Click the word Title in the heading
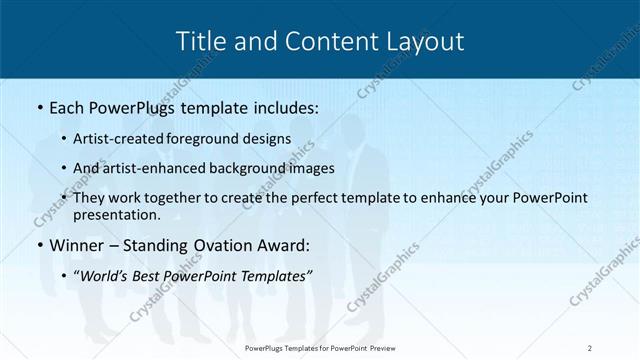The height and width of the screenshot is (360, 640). click(x=199, y=41)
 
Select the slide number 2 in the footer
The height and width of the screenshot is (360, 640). click(x=590, y=347)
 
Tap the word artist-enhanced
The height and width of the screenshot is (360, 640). click(x=166, y=168)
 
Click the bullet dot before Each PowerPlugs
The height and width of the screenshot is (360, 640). click(x=38, y=105)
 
